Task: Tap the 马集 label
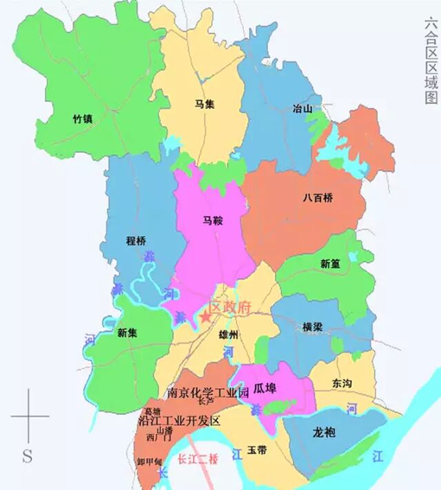203,105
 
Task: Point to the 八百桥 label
318,198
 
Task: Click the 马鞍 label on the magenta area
212,221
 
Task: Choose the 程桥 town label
136,241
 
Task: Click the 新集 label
127,333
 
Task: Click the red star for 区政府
205,317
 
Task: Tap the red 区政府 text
232,308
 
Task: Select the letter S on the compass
28,455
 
